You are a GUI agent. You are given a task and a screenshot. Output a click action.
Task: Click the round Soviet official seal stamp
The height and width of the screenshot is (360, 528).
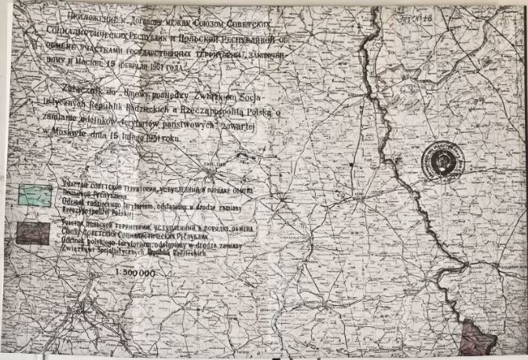442,160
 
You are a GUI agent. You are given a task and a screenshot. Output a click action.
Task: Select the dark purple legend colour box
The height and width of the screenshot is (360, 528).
34,233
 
